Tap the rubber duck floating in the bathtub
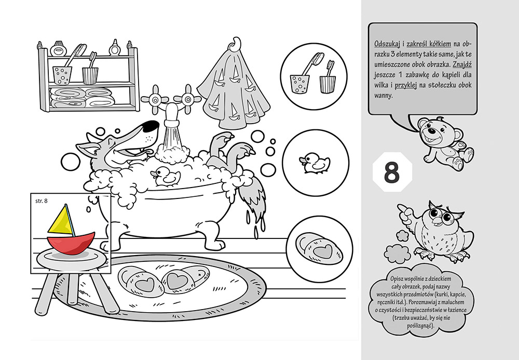tap(165, 176)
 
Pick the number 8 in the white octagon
tap(392, 172)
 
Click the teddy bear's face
tap(432, 131)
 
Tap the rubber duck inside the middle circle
tap(315, 163)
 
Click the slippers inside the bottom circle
tap(319, 249)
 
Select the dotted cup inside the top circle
tap(299, 85)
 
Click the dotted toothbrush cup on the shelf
tap(62, 75)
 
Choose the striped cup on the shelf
tap(90, 76)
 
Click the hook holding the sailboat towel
tap(236, 44)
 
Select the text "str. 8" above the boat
tap(42, 201)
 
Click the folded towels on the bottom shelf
tap(83, 97)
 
